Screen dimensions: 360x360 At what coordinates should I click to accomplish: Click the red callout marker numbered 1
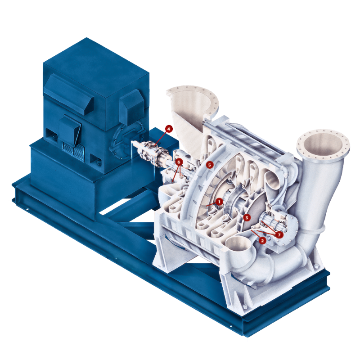219,202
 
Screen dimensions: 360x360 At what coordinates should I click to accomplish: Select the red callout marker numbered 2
262,240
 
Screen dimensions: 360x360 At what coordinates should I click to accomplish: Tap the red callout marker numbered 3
247,217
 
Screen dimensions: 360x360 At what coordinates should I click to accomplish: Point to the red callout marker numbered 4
169,129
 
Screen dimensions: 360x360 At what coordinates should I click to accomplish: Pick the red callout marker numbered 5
209,165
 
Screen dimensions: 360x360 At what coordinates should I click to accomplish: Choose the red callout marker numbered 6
179,162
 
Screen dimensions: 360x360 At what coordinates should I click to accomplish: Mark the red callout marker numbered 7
279,234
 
